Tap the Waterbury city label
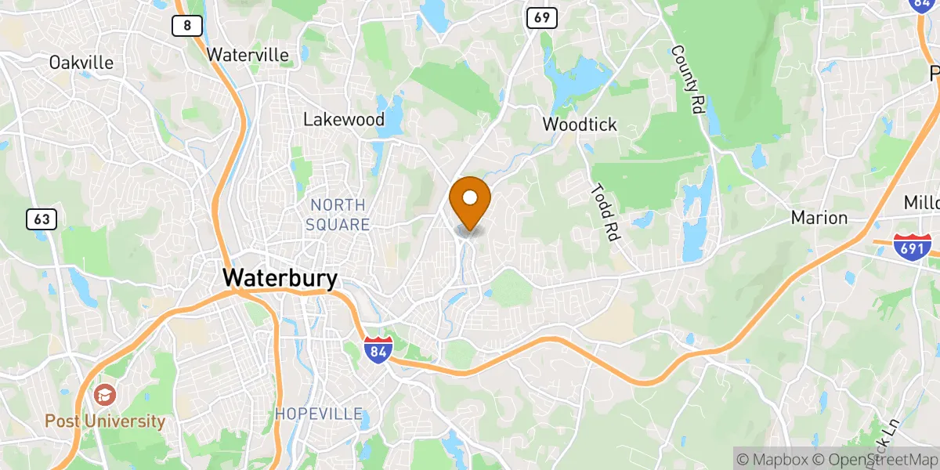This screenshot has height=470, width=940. coord(280,278)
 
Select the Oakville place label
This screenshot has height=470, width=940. coord(81,63)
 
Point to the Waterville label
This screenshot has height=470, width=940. coord(248,56)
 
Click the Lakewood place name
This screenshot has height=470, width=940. coord(344,120)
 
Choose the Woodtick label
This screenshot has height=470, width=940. coord(580,125)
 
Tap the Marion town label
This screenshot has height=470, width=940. coord(819,218)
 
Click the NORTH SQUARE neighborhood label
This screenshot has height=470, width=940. coord(338,215)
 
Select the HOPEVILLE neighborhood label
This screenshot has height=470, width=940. coord(318,414)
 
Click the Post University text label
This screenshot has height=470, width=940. coord(105,421)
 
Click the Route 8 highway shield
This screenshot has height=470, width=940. coord(186,26)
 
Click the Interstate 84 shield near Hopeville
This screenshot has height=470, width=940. coord(378,349)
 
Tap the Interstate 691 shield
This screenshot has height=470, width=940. coord(912,248)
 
